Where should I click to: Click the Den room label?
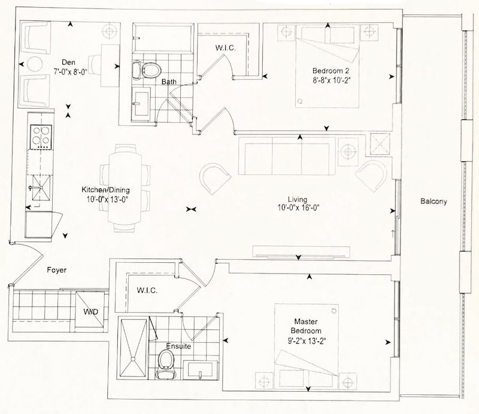coord(68,62)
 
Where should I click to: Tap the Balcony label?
coord(433,201)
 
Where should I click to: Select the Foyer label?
coord(56,270)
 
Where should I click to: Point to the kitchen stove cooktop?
coord(41,137)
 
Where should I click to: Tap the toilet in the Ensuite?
coord(166,364)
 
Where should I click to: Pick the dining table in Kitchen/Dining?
coord(125,187)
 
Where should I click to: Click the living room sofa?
coord(288,156)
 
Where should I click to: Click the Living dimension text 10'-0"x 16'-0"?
coord(298,208)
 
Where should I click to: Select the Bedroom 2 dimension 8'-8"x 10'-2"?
coord(331,80)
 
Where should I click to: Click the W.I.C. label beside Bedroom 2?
coord(226,47)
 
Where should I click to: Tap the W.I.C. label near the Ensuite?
coord(147,290)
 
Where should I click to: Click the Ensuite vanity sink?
coord(201,369)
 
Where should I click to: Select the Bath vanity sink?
coord(141,104)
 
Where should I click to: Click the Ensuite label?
coord(178,346)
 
